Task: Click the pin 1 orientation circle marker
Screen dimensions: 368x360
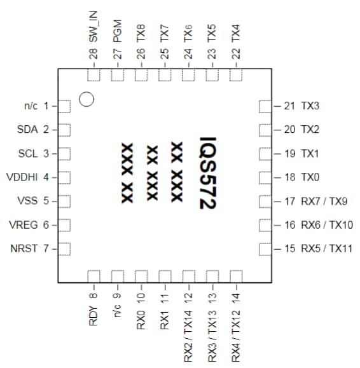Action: tap(87, 100)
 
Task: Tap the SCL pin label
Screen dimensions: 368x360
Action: tap(29, 153)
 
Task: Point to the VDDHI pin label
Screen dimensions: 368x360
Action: tap(22, 177)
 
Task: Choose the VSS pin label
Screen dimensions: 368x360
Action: tap(28, 201)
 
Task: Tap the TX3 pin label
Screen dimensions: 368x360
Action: tap(310, 106)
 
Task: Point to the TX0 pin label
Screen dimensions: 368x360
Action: tap(310, 177)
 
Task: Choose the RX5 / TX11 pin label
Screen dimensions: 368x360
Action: tap(327, 249)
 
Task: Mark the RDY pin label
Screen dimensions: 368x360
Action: tap(94, 315)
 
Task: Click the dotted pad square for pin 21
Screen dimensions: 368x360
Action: tap(265, 106)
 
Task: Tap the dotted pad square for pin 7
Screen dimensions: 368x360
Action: tap(64, 249)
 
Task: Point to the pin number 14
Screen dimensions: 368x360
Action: tap(236, 294)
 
